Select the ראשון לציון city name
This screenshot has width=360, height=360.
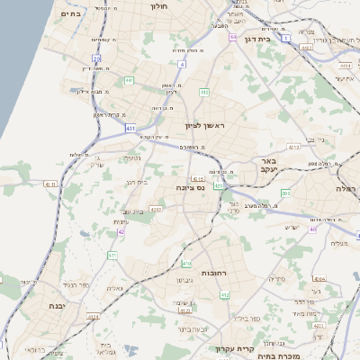click(202, 125)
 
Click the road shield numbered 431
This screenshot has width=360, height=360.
click(131, 129)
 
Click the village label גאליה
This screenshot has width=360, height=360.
click(114, 288)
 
